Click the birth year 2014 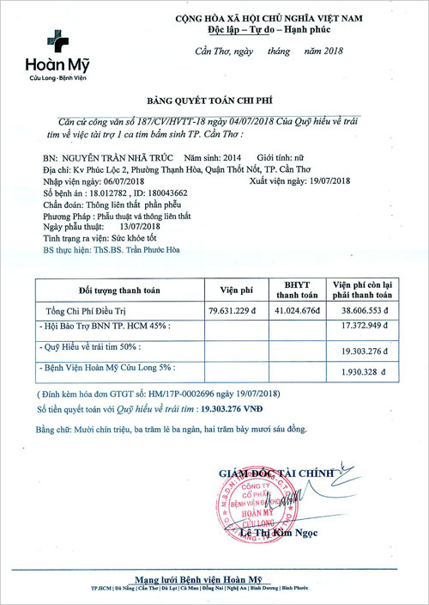tap(232, 159)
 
